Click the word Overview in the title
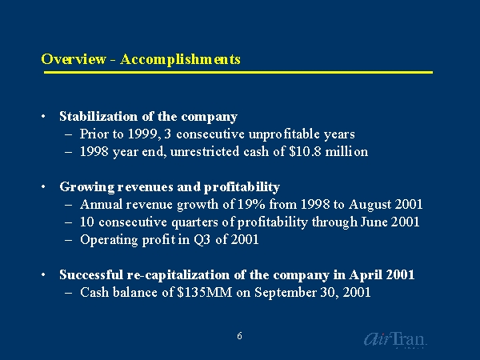click(74, 58)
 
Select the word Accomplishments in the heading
click(180, 59)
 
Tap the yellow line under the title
click(238, 73)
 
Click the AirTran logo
click(395, 340)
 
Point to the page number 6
click(239, 336)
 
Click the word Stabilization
click(98, 116)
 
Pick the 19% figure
click(252, 204)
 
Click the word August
click(370, 205)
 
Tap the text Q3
click(202, 239)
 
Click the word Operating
click(109, 240)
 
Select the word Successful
click(91, 274)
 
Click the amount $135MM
click(205, 292)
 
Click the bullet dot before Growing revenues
click(44, 186)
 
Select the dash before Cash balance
click(69, 293)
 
